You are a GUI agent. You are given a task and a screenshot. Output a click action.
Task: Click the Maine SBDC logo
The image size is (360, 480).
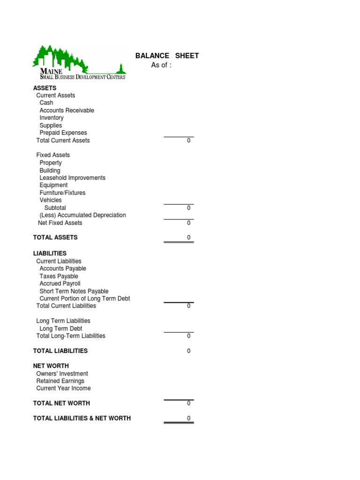pyautogui.click(x=79, y=63)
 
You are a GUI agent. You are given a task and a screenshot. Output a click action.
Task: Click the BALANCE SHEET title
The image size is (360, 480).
pyautogui.click(x=167, y=56)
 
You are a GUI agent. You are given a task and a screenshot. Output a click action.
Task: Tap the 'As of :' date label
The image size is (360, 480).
pyautogui.click(x=161, y=65)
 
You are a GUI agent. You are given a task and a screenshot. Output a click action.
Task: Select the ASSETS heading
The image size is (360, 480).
pyautogui.click(x=45, y=88)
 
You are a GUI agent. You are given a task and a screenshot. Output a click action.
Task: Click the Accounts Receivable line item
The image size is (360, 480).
pyautogui.click(x=67, y=110)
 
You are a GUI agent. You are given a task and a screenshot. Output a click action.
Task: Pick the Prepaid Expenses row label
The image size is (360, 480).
pyautogui.click(x=63, y=133)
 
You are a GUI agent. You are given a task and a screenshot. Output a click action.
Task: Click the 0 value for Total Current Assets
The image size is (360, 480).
pyautogui.click(x=189, y=141)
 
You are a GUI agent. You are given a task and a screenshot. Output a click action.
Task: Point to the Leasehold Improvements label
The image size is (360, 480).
pyautogui.click(x=72, y=178)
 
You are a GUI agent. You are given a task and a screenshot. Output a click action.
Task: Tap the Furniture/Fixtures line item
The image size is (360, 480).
pyautogui.click(x=62, y=193)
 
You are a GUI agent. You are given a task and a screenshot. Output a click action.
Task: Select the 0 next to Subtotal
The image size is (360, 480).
pyautogui.click(x=189, y=208)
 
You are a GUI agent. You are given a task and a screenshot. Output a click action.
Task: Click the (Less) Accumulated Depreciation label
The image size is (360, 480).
pyautogui.click(x=82, y=215)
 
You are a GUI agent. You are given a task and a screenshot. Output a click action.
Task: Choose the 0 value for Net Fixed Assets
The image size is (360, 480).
pyautogui.click(x=189, y=223)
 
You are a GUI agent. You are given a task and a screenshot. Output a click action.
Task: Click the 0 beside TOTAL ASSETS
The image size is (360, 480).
pyautogui.click(x=189, y=238)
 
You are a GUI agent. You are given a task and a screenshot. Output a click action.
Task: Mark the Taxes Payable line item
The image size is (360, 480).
pyautogui.click(x=59, y=276)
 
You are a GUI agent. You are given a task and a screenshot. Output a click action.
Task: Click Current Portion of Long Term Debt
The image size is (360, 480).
pyautogui.click(x=84, y=299)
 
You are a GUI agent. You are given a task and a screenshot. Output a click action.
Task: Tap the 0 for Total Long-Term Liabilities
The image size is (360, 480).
pyautogui.click(x=189, y=336)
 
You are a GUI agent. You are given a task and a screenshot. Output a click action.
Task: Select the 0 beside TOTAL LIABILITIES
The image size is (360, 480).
pyautogui.click(x=189, y=351)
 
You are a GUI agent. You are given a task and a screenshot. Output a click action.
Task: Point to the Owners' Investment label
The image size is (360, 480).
pyautogui.click(x=62, y=374)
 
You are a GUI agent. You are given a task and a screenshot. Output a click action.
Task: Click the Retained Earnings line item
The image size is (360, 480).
pyautogui.click(x=60, y=381)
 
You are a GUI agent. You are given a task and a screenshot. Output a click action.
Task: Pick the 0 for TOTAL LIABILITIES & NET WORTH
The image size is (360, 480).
pyautogui.click(x=189, y=419)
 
